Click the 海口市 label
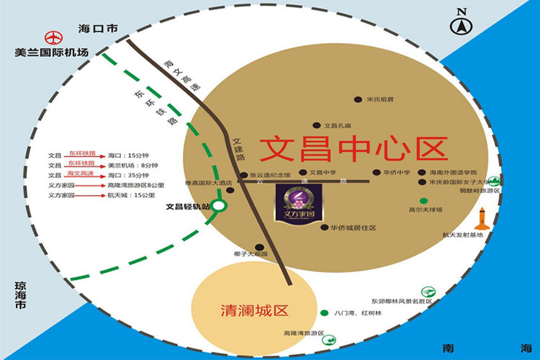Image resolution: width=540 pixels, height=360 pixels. coord(97,28)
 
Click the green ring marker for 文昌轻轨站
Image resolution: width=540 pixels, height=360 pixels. coord(220,206)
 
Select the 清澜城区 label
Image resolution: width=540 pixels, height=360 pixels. coord(253,311)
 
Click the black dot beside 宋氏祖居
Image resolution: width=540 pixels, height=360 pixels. coord(357,99)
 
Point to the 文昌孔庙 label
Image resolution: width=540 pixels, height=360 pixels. coord(339,124)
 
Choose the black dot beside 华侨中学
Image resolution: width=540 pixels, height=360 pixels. coord(376,173)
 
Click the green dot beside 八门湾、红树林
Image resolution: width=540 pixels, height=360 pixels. coord(324,313)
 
